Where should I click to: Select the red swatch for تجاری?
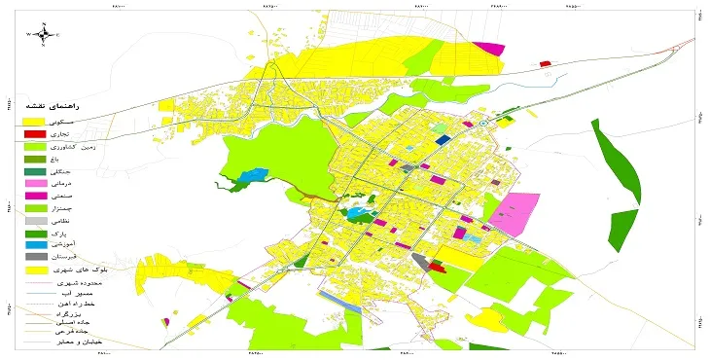pyautogui.click(x=35, y=132)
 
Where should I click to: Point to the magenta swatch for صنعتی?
pyautogui.click(x=35, y=196)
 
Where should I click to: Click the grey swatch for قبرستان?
pyautogui.click(x=35, y=257)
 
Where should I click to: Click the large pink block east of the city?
pyautogui.click(x=515, y=212)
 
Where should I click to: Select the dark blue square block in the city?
pyautogui.click(x=443, y=140)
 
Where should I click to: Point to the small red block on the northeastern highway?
pyautogui.click(x=546, y=64)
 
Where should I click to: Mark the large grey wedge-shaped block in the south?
pyautogui.click(x=421, y=261)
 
